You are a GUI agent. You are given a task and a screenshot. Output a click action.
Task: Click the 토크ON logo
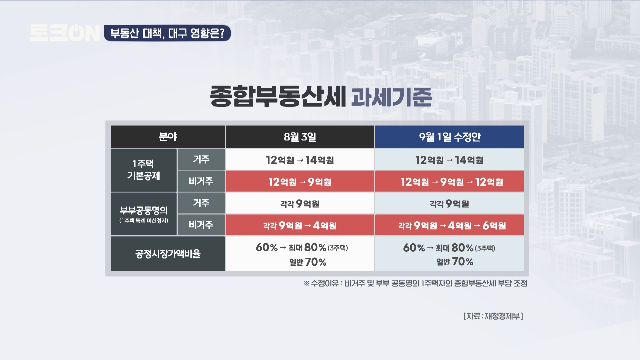click(65, 33)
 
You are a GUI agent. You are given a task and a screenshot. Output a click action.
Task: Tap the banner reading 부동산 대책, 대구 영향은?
click(167, 33)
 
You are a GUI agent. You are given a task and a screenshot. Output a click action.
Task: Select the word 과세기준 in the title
click(391, 97)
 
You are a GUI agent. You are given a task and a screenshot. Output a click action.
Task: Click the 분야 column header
click(168, 137)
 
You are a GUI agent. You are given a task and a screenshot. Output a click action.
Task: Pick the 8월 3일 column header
click(300, 137)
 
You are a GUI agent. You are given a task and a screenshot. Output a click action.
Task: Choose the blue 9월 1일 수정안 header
click(449, 137)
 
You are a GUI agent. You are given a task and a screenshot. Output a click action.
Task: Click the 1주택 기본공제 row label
click(144, 170)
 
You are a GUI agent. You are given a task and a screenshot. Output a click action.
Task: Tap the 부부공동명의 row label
click(144, 214)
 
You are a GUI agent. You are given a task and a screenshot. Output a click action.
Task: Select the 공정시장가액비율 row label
click(168, 254)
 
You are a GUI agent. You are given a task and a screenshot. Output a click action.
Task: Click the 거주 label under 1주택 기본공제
click(201, 159)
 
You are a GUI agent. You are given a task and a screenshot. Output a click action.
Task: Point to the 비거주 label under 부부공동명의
click(201, 225)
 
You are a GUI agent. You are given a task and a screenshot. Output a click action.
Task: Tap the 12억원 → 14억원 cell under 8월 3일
click(300, 160)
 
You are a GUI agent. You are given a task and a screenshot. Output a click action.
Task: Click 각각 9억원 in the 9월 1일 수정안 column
click(449, 203)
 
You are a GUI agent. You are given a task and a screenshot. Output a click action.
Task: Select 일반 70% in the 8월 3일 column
click(308, 262)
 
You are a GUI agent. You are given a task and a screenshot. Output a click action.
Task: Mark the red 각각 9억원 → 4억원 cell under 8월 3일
click(300, 225)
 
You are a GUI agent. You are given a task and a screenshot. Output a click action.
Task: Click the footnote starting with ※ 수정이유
click(416, 283)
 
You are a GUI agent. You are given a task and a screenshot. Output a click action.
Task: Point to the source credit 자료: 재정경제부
click(493, 316)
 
